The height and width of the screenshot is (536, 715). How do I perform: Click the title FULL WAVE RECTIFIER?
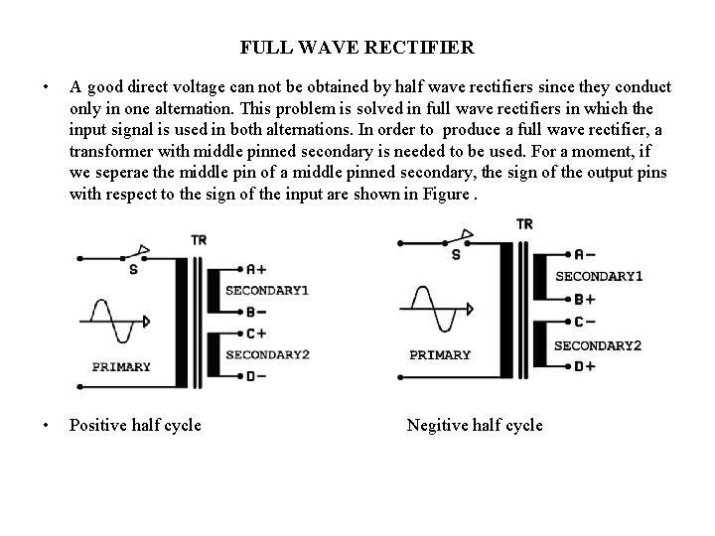(357, 47)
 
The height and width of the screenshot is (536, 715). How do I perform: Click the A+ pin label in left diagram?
(256, 269)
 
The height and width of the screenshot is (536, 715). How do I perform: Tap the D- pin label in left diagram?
(256, 376)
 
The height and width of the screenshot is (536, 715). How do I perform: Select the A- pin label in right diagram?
(585, 254)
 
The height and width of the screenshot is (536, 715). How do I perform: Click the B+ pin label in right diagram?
(585, 299)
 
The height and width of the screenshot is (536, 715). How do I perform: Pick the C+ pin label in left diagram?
(256, 333)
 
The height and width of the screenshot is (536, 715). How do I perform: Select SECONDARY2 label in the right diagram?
(597, 345)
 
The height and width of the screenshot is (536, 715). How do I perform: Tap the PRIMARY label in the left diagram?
(121, 366)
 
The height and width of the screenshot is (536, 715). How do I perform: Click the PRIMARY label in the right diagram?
(440, 354)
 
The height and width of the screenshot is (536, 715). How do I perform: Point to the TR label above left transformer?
(199, 240)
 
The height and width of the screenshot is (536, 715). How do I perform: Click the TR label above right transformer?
(524, 224)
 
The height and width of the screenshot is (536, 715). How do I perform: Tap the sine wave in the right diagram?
(431, 309)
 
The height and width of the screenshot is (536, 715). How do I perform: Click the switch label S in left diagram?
(133, 269)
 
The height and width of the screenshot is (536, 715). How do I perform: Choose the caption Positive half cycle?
(135, 426)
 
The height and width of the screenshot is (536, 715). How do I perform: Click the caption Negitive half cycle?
(475, 426)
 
